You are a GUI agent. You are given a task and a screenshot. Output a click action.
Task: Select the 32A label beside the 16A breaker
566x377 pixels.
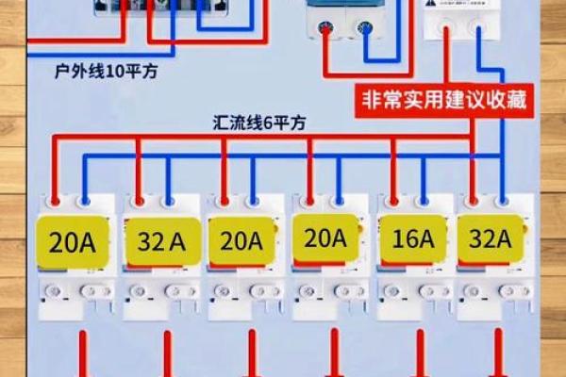[x=490, y=238]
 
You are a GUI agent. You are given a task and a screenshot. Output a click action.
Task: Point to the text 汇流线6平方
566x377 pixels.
[x=258, y=123]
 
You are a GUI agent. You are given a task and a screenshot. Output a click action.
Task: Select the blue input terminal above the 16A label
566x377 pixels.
[x=422, y=200]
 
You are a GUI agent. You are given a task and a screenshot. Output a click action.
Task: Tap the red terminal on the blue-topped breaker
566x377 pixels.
[x=326, y=29]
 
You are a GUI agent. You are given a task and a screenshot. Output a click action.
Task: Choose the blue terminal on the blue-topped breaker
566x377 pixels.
[x=363, y=29]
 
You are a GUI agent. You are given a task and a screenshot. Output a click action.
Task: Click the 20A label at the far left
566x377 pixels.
[x=73, y=242]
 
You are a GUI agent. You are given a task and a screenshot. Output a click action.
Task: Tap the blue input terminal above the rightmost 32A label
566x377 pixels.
[x=503, y=200]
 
